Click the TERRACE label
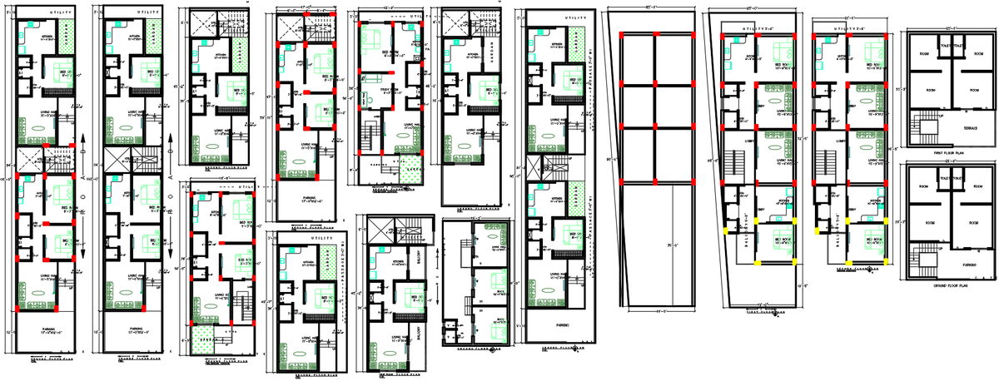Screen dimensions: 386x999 pos(969,129)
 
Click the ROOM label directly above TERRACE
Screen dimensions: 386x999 pos(968,90)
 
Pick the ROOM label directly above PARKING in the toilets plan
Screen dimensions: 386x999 pos(968,224)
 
